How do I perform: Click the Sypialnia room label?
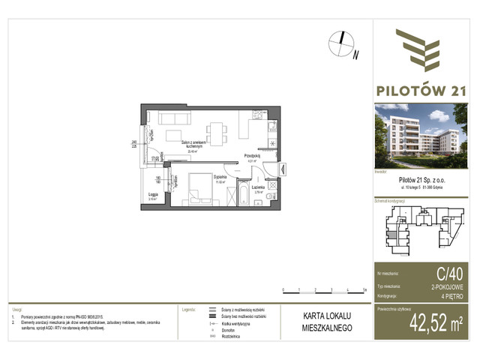coord(200,169)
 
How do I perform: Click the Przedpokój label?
coord(252,156)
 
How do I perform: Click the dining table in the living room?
coord(217,131)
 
